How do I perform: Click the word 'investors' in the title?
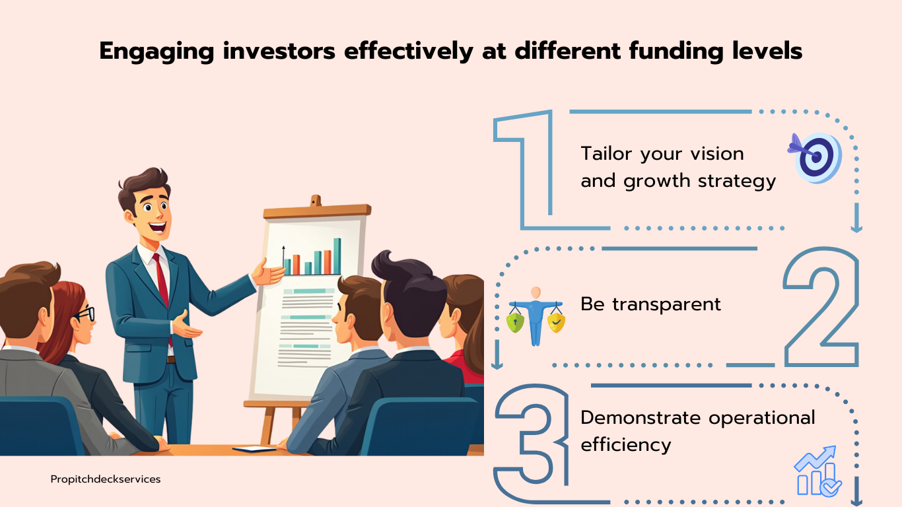279,51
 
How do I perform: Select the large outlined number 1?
524,169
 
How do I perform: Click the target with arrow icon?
815,158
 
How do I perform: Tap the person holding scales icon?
536,316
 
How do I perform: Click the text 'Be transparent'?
650,304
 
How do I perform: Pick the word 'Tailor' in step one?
606,153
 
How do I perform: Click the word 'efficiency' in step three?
626,445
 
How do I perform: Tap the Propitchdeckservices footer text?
106,479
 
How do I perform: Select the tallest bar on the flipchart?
337,256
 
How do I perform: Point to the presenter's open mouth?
157,227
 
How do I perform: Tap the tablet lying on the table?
254,449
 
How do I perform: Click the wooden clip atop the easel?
316,201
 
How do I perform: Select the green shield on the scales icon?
515,323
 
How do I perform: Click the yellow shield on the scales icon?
556,323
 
